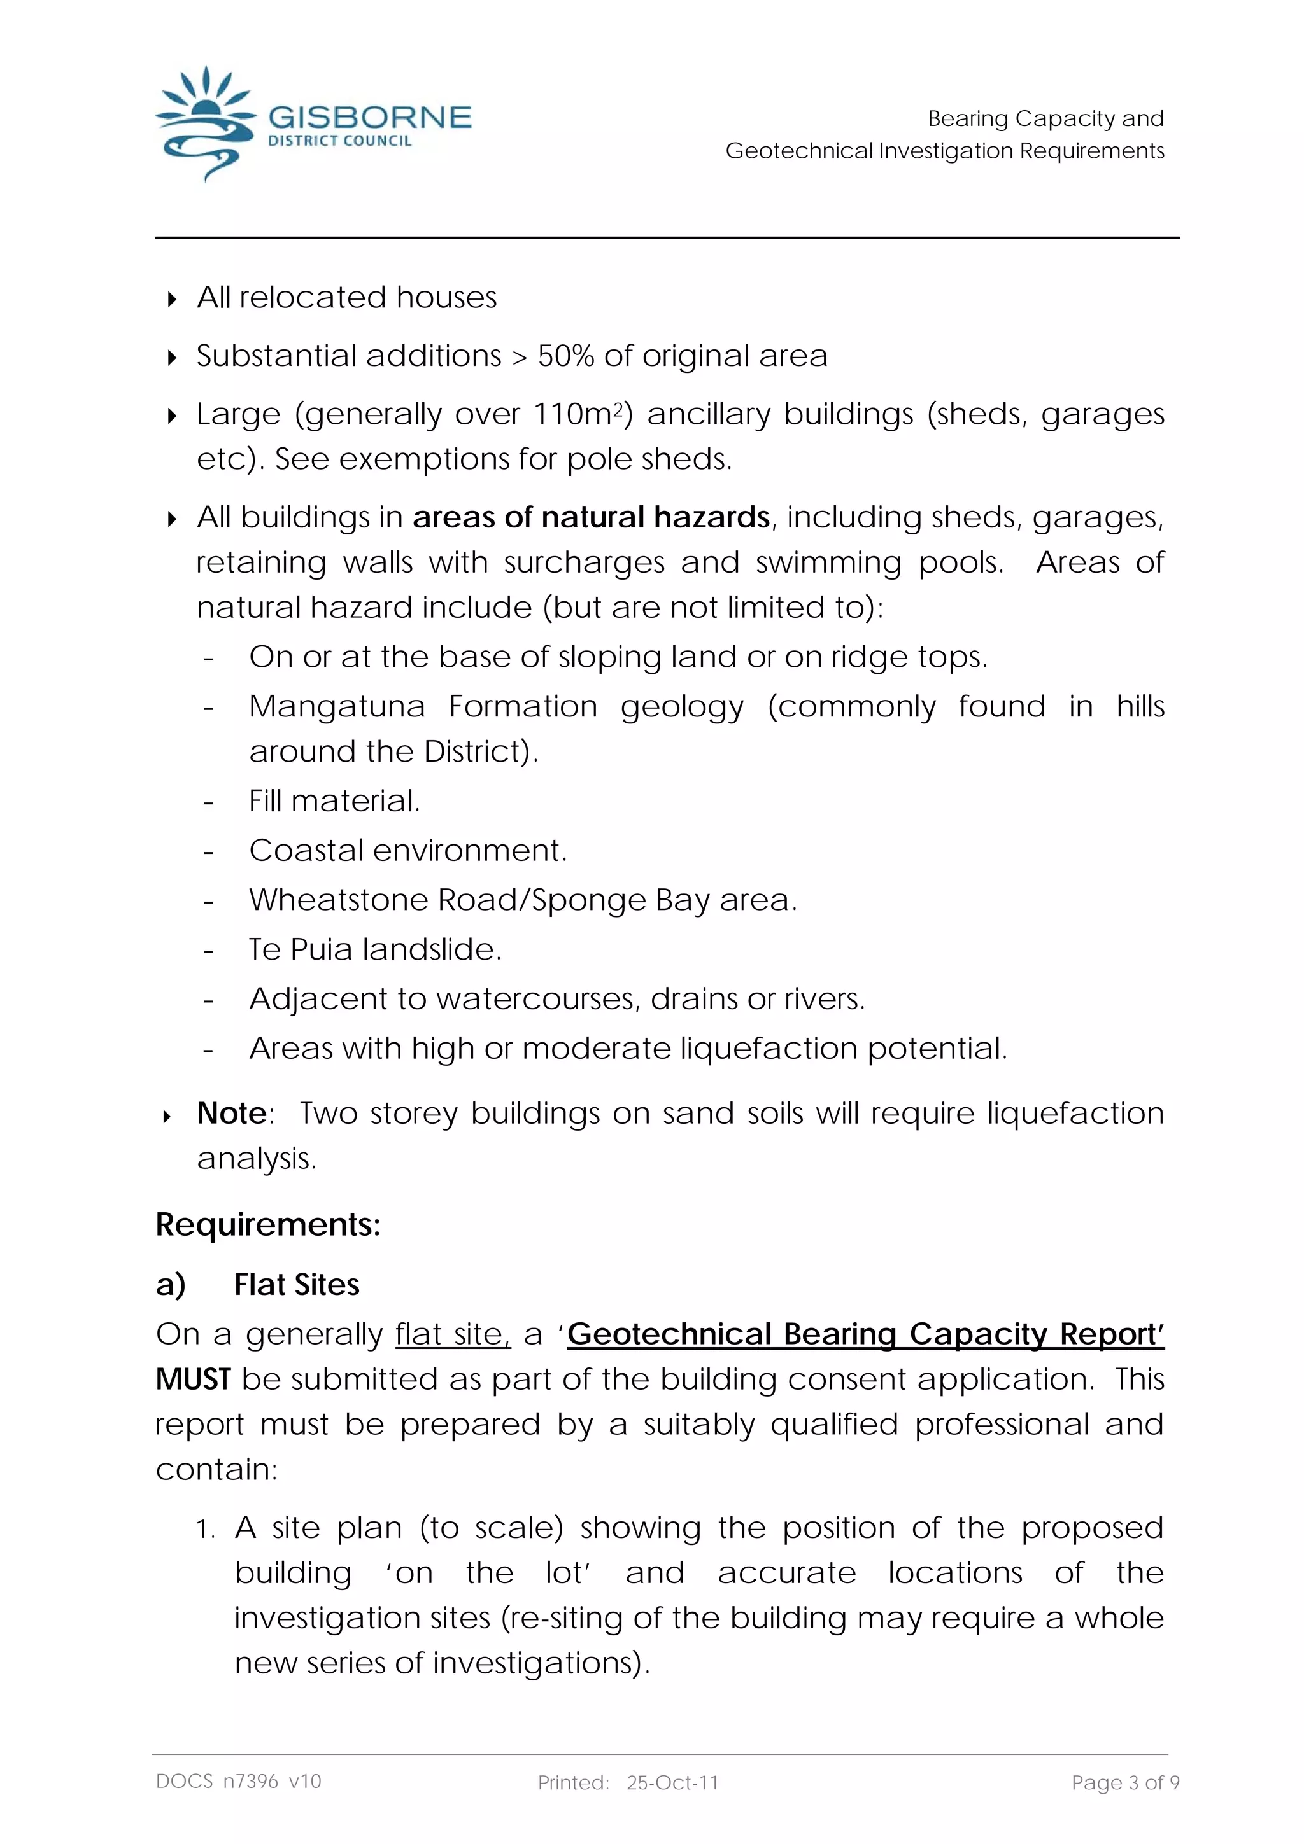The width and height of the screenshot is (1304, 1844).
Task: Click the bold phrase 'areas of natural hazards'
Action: point(592,517)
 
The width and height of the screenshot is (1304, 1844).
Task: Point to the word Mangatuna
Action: point(337,707)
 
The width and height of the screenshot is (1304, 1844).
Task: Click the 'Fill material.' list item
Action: point(334,800)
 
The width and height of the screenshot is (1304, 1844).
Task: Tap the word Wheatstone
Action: point(341,900)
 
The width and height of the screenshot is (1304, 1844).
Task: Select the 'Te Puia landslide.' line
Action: point(374,949)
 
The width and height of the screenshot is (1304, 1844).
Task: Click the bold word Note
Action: point(231,1113)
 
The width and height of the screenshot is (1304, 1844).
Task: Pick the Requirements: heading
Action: point(267,1225)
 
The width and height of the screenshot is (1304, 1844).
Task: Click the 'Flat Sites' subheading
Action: point(297,1285)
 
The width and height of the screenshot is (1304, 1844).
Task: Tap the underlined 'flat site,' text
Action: point(452,1334)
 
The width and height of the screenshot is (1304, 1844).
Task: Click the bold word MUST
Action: point(193,1379)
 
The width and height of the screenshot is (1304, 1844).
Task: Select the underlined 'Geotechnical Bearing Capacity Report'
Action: point(865,1334)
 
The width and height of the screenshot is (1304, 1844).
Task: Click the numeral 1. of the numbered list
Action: point(206,1529)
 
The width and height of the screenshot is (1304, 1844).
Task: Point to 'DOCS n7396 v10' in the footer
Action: point(239,1782)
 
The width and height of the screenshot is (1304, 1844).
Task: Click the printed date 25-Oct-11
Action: point(672,1783)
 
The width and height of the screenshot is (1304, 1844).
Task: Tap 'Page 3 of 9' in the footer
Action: point(1125,1783)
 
